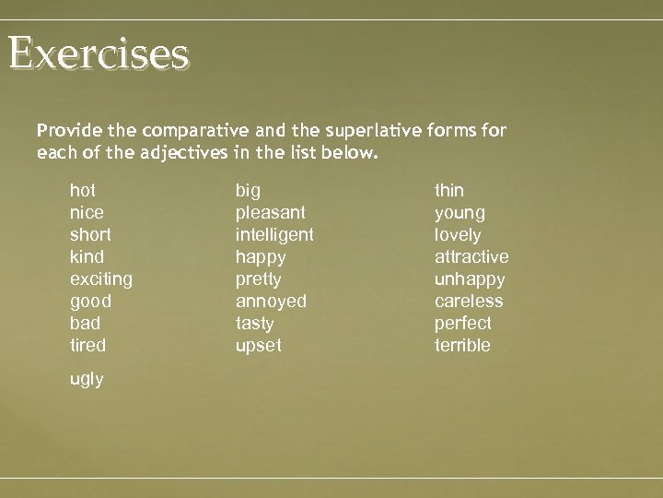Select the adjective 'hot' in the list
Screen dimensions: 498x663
point(83,191)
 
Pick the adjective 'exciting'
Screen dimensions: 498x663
point(101,279)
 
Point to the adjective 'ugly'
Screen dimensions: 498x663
point(87,380)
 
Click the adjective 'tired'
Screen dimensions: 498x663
point(88,346)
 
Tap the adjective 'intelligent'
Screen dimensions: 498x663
point(274,235)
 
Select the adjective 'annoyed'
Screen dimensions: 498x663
point(271,302)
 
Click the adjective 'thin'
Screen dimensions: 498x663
point(449,191)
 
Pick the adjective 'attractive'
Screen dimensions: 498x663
point(471,257)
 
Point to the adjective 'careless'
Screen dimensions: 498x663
point(469,302)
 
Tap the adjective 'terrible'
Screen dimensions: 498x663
point(462,346)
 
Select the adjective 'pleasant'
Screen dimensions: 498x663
point(271,213)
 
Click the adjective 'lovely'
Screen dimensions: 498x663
point(458,235)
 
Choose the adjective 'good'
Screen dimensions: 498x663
point(90,302)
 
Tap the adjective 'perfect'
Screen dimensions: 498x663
point(462,324)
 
